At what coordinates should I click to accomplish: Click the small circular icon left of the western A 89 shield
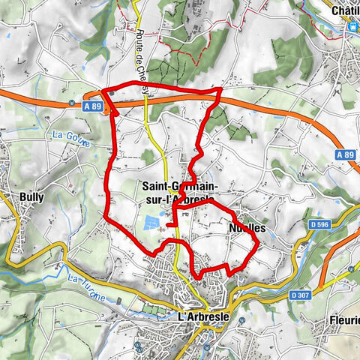[70, 105]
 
